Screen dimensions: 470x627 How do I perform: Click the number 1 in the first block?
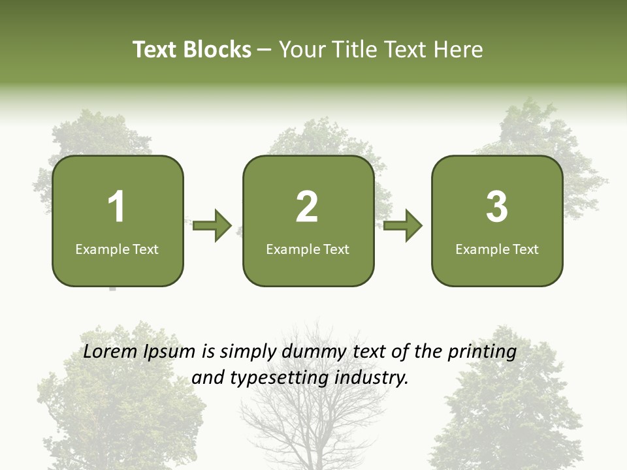(116, 207)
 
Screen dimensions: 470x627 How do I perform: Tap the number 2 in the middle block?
(307, 207)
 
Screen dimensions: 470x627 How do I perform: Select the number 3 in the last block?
(497, 207)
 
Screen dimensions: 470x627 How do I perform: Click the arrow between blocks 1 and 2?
(212, 226)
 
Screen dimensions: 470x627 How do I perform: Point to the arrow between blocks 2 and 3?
(403, 226)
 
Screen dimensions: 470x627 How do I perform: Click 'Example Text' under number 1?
(117, 249)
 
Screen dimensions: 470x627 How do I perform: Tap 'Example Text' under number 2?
(308, 249)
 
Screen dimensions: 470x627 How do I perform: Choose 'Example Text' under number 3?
(497, 249)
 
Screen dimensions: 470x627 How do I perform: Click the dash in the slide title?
(265, 50)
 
